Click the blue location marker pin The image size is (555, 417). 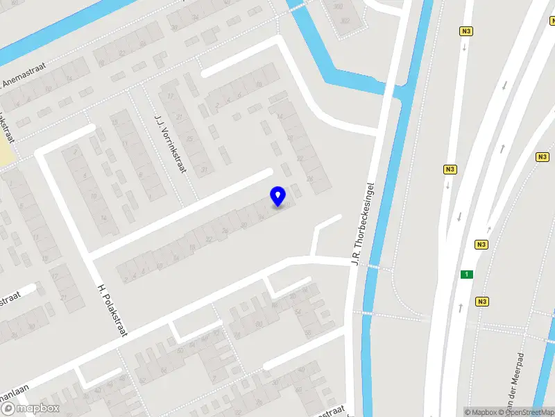pyautogui.click(x=277, y=196)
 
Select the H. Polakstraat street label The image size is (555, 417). pyautogui.click(x=112, y=310)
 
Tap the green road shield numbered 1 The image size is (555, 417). pyautogui.click(x=468, y=275)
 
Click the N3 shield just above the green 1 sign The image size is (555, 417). pyautogui.click(x=481, y=245)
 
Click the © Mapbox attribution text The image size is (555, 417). pyautogui.click(x=481, y=412)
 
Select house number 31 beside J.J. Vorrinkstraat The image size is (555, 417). pyautogui.click(x=204, y=170)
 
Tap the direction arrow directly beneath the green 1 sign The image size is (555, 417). pyautogui.click(x=461, y=306)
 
